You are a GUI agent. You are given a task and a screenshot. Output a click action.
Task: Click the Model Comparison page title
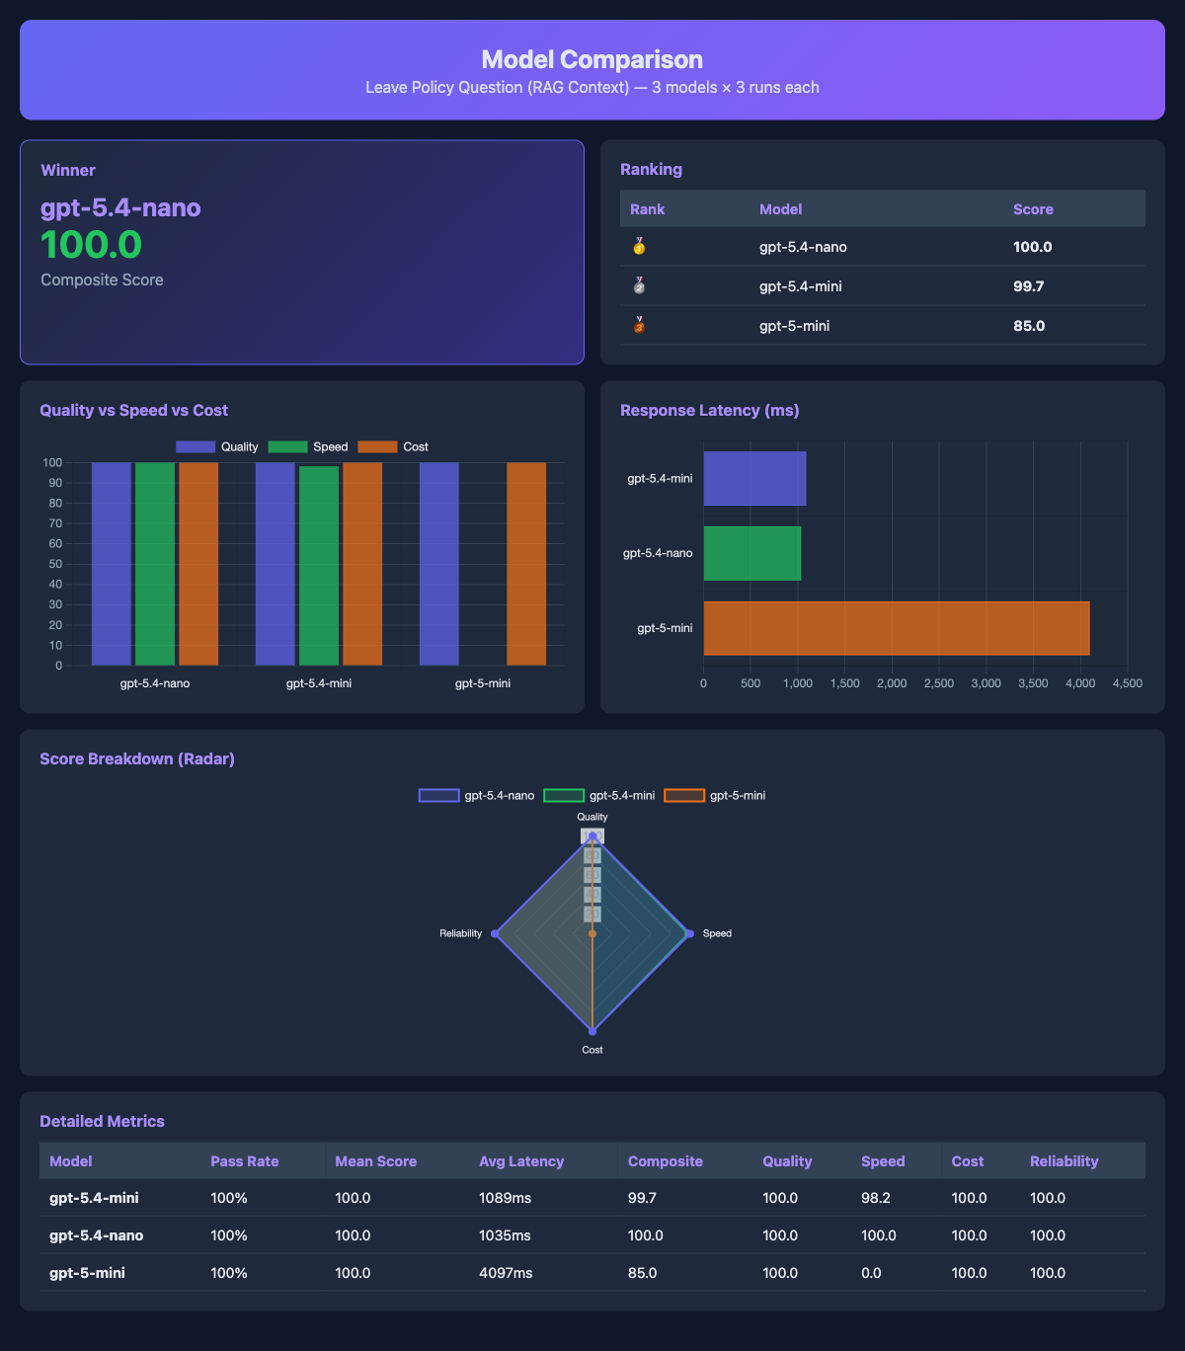click(592, 59)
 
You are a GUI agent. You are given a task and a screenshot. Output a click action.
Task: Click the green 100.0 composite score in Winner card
click(91, 245)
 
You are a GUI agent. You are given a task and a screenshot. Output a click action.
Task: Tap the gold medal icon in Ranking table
click(639, 246)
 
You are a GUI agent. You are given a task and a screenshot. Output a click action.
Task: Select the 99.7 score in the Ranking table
click(1028, 286)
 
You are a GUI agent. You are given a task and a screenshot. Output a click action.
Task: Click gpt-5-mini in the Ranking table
click(794, 326)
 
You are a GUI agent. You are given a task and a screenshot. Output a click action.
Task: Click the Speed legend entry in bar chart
click(308, 447)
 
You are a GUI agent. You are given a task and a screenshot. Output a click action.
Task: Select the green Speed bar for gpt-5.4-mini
click(319, 565)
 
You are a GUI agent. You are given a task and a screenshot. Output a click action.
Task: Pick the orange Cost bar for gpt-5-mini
click(526, 563)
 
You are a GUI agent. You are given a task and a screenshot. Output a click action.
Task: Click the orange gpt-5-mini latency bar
click(896, 628)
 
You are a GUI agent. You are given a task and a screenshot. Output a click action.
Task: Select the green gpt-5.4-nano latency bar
click(751, 553)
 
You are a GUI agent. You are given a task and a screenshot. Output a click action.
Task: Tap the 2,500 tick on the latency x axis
click(938, 683)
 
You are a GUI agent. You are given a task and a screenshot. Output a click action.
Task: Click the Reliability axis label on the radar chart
click(460, 933)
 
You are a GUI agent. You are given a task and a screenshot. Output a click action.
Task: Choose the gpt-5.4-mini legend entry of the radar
click(599, 796)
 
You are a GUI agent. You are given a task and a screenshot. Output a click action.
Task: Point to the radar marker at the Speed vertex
click(689, 933)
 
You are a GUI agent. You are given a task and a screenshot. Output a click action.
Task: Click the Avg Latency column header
click(520, 1161)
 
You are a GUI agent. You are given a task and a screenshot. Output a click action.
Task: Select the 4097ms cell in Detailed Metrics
click(506, 1273)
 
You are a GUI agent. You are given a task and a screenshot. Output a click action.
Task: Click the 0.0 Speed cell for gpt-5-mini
click(871, 1273)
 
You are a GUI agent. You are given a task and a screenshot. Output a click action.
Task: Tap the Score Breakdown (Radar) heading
click(137, 758)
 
